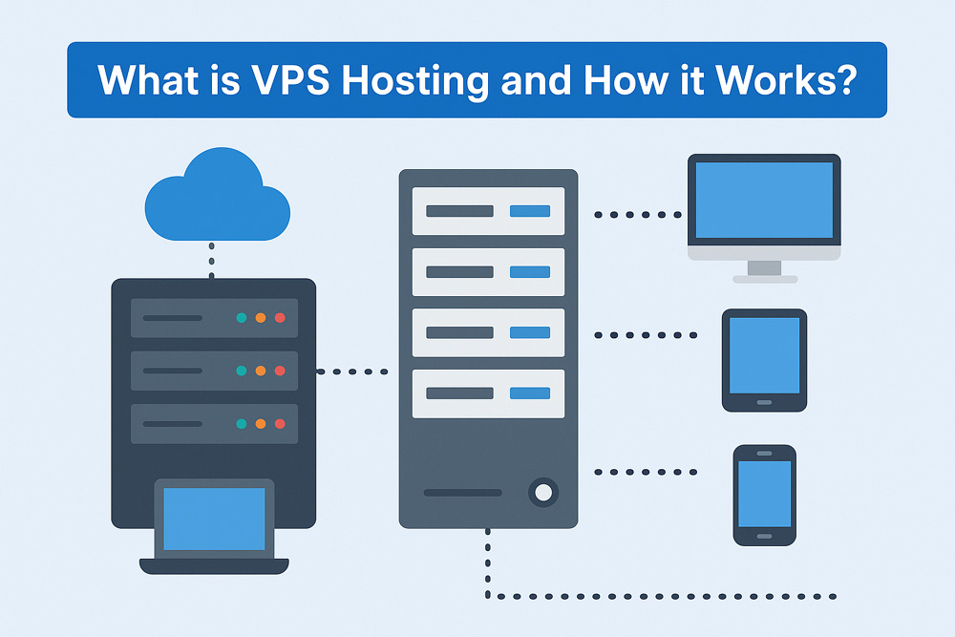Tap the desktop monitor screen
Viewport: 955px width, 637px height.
coord(764,200)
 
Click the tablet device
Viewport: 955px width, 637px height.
coord(764,359)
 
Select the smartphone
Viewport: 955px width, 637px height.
coord(764,495)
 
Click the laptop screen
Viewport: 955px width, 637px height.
coord(214,518)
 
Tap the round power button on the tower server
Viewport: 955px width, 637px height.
coord(543,493)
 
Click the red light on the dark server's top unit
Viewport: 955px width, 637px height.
coord(280,318)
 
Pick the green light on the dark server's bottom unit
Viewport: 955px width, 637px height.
coord(241,423)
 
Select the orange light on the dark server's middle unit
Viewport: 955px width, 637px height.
coord(260,371)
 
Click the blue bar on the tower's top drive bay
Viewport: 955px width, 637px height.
coord(530,211)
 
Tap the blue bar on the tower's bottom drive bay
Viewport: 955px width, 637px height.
coord(530,393)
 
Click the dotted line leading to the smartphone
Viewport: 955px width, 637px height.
coord(646,472)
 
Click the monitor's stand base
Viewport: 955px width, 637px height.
coord(764,278)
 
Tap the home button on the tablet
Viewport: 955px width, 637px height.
coord(764,402)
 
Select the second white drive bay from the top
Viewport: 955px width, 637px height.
coord(488,272)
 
